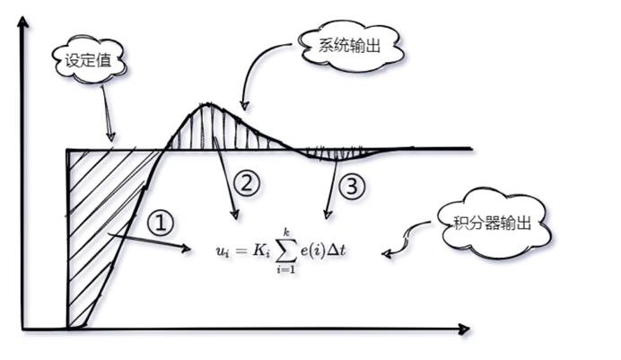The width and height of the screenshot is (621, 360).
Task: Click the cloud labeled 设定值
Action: pos(89,60)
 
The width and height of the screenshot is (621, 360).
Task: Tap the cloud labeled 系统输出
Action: pos(351,46)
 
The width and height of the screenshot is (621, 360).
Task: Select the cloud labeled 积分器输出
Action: pos(493,223)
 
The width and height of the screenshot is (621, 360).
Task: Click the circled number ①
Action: pos(161,223)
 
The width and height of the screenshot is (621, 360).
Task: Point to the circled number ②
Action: pos(247,184)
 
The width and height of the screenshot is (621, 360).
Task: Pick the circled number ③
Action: pos(352,186)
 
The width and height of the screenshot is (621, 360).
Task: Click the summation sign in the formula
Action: pos(286,250)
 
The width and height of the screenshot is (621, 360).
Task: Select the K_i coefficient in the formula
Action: pos(261,251)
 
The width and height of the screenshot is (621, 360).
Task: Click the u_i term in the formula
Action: pos(223,252)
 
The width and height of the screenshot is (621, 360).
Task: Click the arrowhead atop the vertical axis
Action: pos(23,22)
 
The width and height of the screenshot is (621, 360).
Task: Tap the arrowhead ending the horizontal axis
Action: pos(464,329)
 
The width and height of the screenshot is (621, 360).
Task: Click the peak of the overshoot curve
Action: pos(206,104)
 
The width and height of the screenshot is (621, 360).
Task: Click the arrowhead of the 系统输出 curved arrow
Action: pos(244,106)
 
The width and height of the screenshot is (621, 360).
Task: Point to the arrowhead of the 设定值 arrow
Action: pos(111,136)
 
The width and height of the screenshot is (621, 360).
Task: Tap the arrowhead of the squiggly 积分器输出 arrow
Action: pos(387,253)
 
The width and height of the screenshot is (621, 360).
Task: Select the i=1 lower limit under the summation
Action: pos(286,270)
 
